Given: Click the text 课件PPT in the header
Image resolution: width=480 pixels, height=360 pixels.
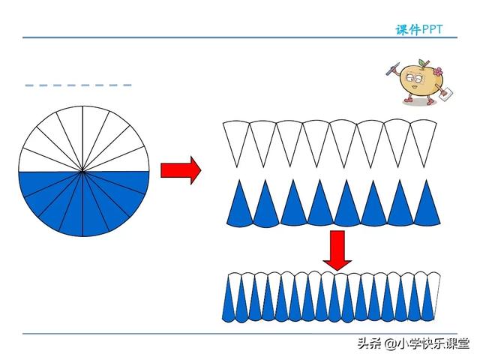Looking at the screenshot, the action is [419, 30].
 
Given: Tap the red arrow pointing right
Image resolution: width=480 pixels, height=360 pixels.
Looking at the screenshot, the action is [181, 170].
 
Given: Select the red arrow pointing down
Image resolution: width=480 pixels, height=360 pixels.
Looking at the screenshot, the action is [337, 250].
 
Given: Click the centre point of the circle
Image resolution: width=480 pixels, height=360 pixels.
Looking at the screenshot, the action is [83, 172].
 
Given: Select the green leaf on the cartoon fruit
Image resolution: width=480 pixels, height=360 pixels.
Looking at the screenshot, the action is [412, 63].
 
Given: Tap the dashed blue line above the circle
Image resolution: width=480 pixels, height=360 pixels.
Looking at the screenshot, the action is [78, 85].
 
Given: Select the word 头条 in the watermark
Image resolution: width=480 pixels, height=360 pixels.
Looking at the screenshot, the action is [368, 344].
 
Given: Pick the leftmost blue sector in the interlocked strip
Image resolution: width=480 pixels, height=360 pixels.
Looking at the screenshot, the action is [229, 304].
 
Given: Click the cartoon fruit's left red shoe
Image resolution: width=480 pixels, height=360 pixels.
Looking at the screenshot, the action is [408, 99].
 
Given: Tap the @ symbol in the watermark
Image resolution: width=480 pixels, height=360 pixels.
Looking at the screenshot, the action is [389, 344].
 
